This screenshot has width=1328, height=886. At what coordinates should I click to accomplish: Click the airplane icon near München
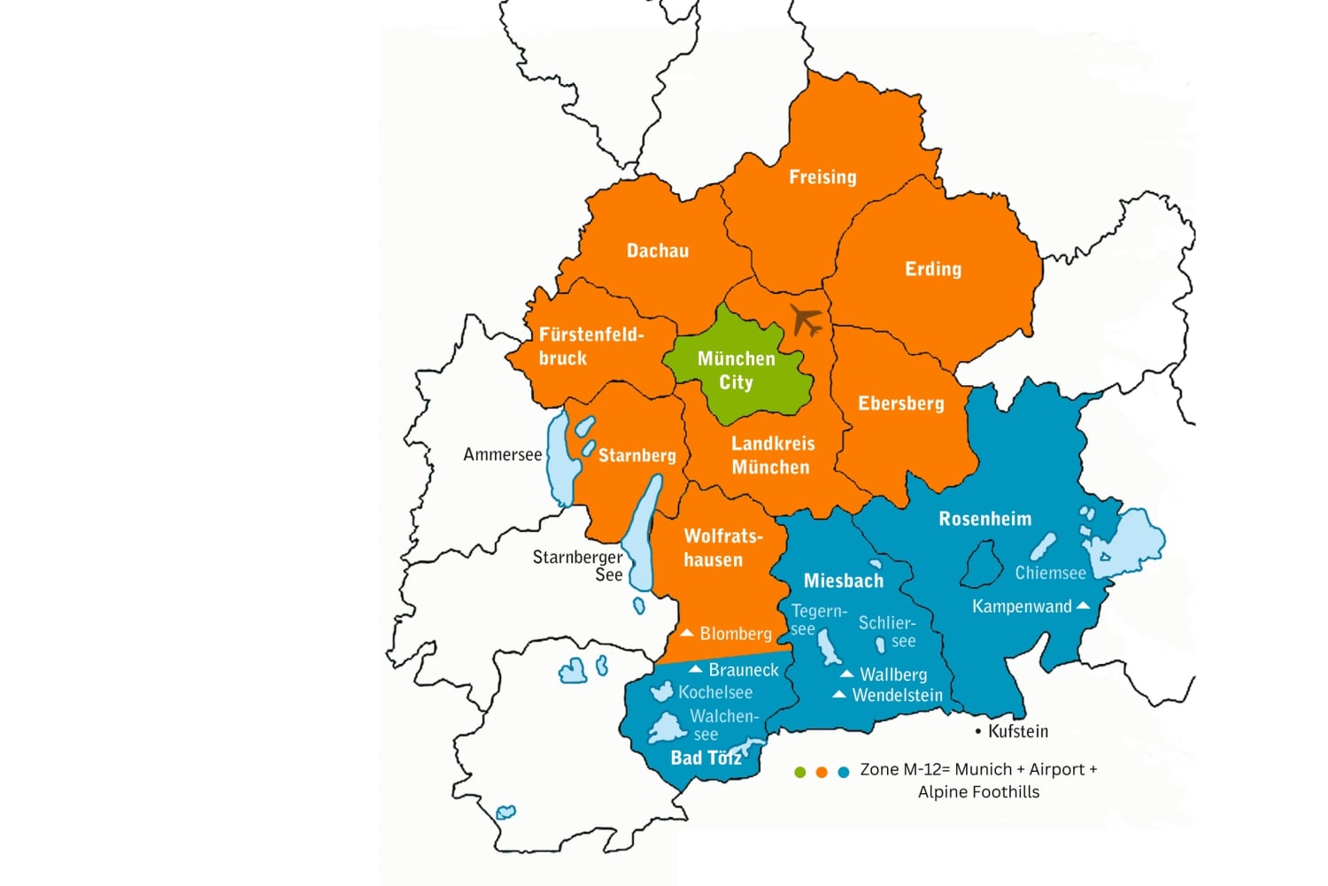pyautogui.click(x=806, y=320)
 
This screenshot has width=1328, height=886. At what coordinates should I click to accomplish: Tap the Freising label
pyautogui.click(x=822, y=177)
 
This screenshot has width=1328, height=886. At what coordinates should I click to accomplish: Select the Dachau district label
pyautogui.click(x=657, y=250)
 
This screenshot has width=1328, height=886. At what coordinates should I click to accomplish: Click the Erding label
pyautogui.click(x=932, y=269)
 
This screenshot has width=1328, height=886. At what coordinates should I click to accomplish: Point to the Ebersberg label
pyautogui.click(x=900, y=404)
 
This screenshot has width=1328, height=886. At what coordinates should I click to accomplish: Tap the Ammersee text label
pyautogui.click(x=502, y=455)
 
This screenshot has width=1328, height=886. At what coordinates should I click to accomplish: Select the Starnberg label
pyautogui.click(x=637, y=456)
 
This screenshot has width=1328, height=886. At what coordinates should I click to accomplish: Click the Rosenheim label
pyautogui.click(x=984, y=519)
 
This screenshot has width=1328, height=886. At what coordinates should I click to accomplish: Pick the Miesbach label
pyautogui.click(x=843, y=581)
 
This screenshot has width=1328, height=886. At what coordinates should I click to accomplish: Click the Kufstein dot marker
pyautogui.click(x=978, y=732)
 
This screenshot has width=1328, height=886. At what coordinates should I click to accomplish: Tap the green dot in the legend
pyautogui.click(x=800, y=772)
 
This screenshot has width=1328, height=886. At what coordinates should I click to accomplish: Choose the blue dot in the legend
pyautogui.click(x=844, y=772)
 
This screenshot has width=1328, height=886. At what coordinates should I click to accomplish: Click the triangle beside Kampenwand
pyautogui.click(x=1082, y=605)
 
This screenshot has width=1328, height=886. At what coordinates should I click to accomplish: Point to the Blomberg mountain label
pyautogui.click(x=735, y=634)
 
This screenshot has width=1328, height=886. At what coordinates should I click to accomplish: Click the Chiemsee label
pyautogui.click(x=1050, y=573)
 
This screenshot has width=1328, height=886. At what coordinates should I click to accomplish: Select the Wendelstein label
pyautogui.click(x=897, y=696)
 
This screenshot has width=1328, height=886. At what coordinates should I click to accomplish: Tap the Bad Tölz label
pyautogui.click(x=705, y=758)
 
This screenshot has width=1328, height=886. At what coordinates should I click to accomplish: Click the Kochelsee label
pyautogui.click(x=714, y=692)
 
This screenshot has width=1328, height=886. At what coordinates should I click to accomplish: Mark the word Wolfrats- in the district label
pyautogui.click(x=722, y=536)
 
